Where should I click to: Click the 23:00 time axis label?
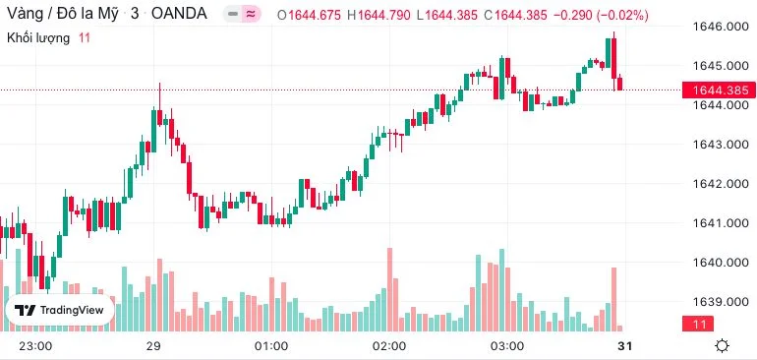[x=35, y=346]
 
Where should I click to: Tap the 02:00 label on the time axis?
[x=390, y=346]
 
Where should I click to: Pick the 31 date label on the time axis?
[x=624, y=346]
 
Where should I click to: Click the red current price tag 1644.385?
[x=719, y=90]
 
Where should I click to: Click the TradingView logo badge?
[x=59, y=310]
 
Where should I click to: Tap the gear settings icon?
[x=723, y=346]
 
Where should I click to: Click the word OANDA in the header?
[x=179, y=14]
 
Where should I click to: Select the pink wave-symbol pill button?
[x=250, y=15]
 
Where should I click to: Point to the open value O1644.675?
[x=312, y=16]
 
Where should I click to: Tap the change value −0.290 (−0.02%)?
[x=601, y=16]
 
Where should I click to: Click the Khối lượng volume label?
[x=38, y=38]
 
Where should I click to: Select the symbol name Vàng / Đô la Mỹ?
[x=62, y=14]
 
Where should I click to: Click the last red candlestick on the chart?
[x=620, y=83]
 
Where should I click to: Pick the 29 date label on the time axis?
[x=153, y=346]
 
